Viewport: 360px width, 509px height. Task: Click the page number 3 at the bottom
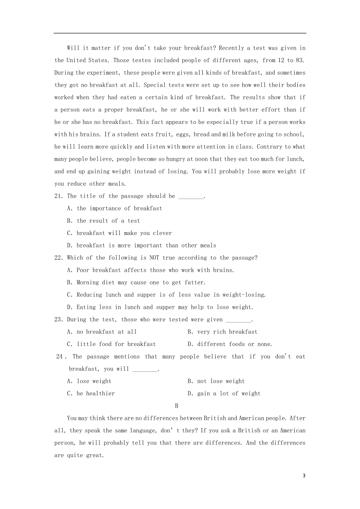tap(304, 476)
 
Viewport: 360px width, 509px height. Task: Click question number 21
tap(59, 196)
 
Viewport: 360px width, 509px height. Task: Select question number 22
tap(59, 258)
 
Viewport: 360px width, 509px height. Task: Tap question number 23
tap(59, 320)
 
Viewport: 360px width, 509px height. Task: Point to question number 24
tap(60, 357)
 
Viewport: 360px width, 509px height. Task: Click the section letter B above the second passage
tap(176, 406)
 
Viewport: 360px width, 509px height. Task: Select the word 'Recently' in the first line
tap(231, 48)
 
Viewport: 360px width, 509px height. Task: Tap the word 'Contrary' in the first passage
tap(268, 147)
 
